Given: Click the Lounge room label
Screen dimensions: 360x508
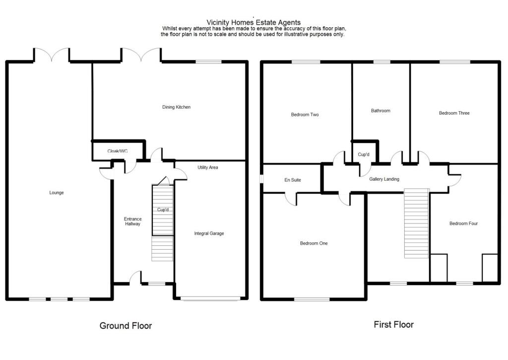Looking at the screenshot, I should (57, 193).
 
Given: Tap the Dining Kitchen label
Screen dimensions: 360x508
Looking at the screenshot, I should (176, 107).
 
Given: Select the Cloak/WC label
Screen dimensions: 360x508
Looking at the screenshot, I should (118, 151).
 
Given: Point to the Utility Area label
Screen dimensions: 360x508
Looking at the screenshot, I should (207, 168).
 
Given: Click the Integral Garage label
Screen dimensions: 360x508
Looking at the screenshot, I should (209, 233).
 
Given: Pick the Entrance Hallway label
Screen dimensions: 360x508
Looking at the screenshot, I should (132, 221).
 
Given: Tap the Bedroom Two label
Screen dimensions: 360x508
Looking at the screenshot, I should (305, 115).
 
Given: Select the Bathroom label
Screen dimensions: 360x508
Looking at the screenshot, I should (381, 111).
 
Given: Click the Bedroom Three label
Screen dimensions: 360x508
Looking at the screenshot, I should (454, 113).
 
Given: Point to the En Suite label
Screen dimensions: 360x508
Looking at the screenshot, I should (293, 180).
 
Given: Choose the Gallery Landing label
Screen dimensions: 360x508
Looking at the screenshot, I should (384, 179).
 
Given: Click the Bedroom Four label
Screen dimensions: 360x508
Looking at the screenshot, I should (463, 223).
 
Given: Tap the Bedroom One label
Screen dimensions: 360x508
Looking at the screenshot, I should (314, 243).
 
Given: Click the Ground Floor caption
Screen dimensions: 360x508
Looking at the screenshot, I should (126, 326).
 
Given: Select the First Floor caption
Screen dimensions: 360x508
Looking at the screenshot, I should (393, 325).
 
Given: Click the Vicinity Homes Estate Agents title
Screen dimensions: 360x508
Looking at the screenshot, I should (254, 22).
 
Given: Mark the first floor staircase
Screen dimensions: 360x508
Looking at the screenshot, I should (416, 223).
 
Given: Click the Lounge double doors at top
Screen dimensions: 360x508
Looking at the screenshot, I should (52, 55).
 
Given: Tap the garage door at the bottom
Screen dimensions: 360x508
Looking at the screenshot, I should (210, 298).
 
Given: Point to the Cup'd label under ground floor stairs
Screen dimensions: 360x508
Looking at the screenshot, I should (163, 210).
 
